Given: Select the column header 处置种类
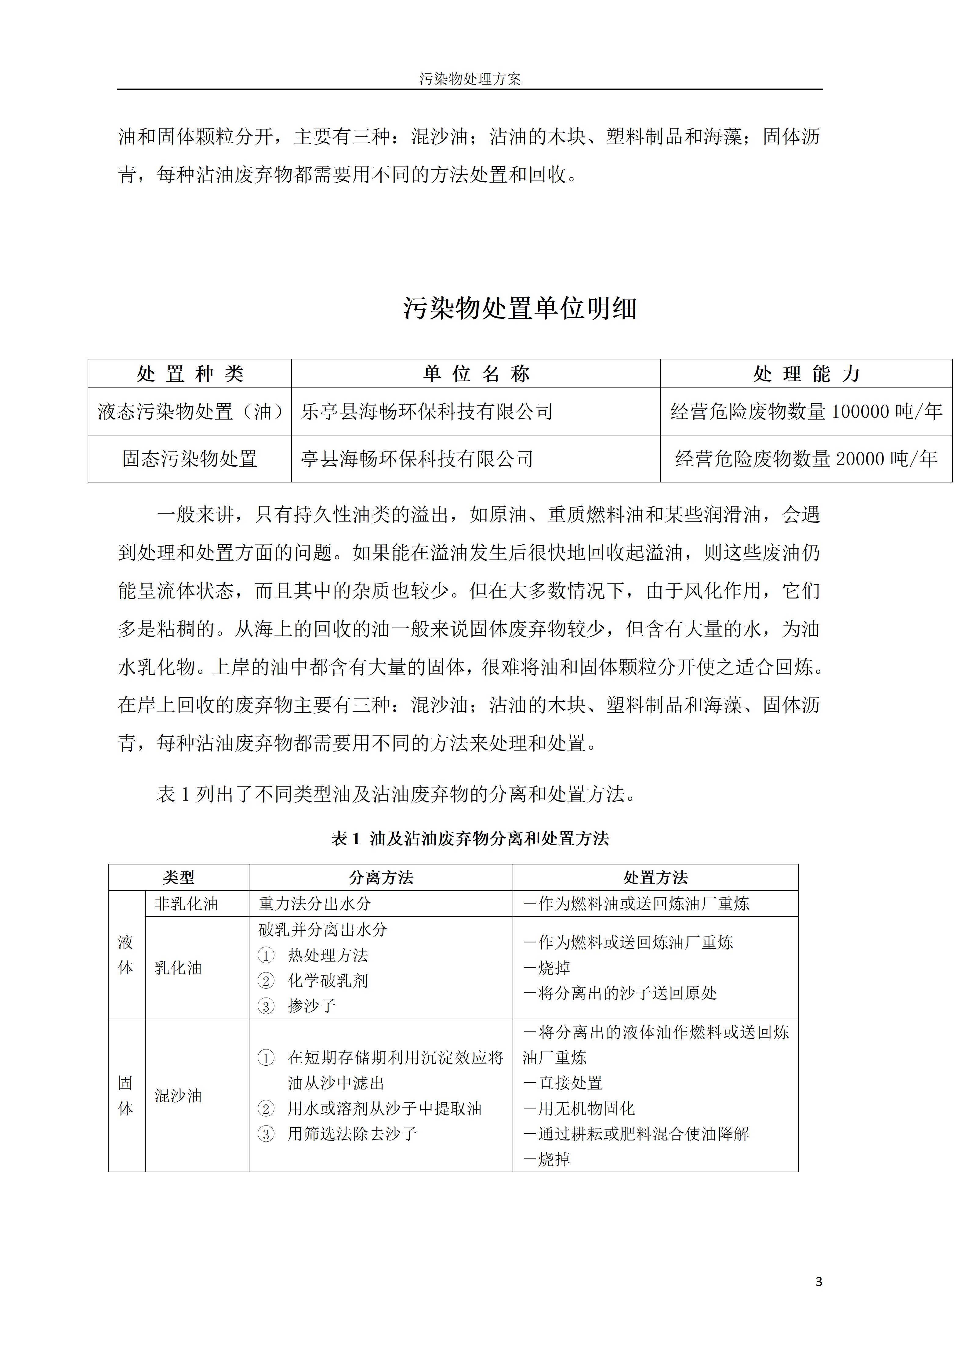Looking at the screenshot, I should pyautogui.click(x=190, y=374).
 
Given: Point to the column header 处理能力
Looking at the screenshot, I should pyautogui.click(x=806, y=374).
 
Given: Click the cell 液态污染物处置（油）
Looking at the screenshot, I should pyautogui.click(x=190, y=411).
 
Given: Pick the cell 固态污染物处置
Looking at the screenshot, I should pyautogui.click(x=190, y=459).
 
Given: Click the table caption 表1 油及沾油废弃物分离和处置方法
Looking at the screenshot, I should pyautogui.click(x=470, y=838).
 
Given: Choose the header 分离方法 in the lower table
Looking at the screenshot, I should pyautogui.click(x=381, y=877).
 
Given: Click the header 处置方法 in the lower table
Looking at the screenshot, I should pyautogui.click(x=655, y=877).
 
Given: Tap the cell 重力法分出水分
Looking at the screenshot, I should pyautogui.click(x=315, y=904).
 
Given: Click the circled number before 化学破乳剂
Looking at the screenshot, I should pyautogui.click(x=266, y=981).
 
